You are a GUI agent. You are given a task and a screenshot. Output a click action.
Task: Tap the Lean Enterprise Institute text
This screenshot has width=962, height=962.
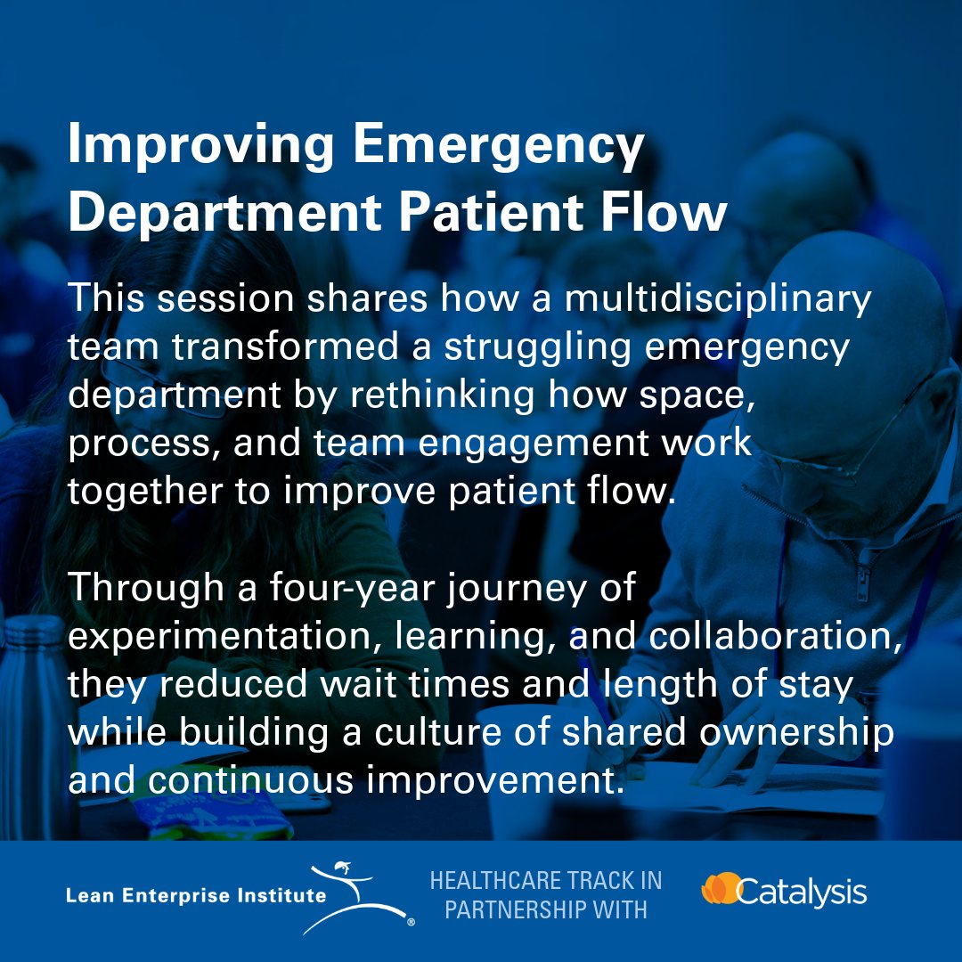196,895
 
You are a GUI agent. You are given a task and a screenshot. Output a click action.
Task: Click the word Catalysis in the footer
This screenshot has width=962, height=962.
802,891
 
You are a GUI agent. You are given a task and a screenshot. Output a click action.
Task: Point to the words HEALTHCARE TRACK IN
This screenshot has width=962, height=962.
546,881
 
